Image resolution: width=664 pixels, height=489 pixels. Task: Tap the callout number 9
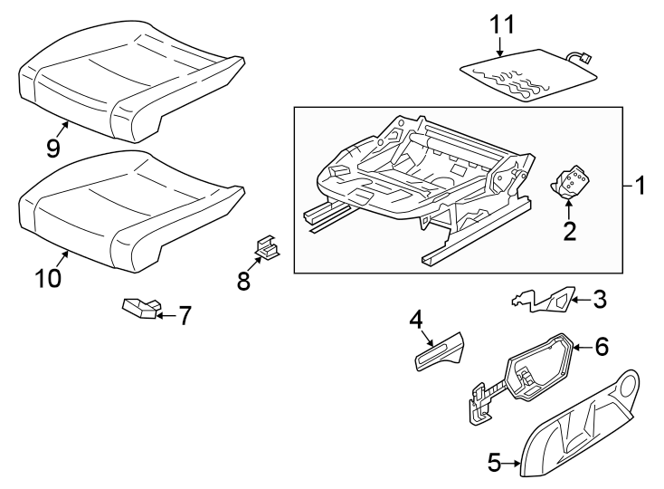[x=53, y=149]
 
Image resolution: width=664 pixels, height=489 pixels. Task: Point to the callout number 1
[x=639, y=187]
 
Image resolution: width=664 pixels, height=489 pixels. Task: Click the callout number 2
[x=569, y=232]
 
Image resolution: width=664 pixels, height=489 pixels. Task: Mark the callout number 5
[x=493, y=463]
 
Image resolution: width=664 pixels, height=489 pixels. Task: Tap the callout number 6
[x=602, y=346]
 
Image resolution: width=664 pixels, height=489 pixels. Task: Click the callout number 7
[x=184, y=315]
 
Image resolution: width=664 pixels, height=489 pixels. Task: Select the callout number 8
[x=243, y=280]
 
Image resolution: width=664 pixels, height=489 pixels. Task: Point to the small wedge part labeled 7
[x=139, y=309]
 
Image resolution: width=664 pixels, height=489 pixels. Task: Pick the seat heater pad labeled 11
[x=525, y=77]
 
